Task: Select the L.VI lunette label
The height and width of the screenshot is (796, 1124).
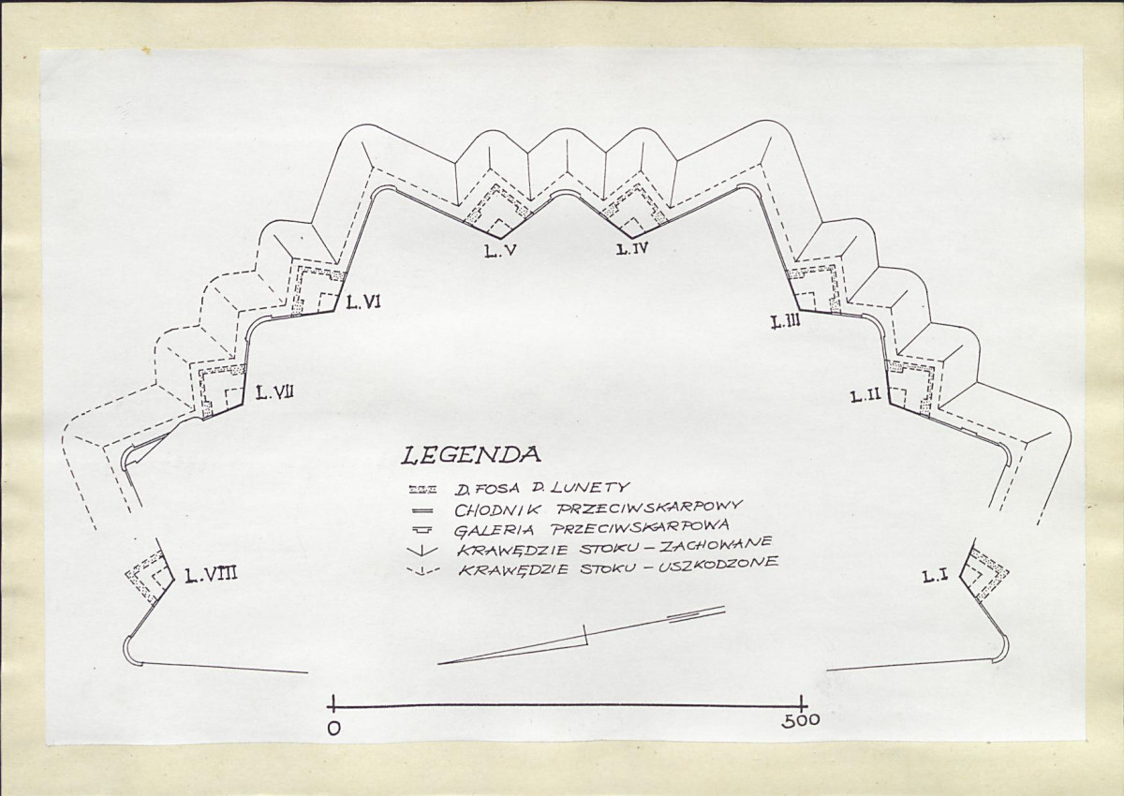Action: [362, 302]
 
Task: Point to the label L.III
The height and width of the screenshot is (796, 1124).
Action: [786, 323]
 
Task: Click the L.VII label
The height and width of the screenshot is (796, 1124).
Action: [275, 391]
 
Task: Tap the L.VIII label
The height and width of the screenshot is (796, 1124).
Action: [210, 575]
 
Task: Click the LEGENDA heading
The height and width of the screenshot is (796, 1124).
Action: [470, 455]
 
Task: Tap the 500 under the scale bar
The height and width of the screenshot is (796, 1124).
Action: [801, 720]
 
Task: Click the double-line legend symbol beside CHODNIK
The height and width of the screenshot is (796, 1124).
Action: [424, 510]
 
